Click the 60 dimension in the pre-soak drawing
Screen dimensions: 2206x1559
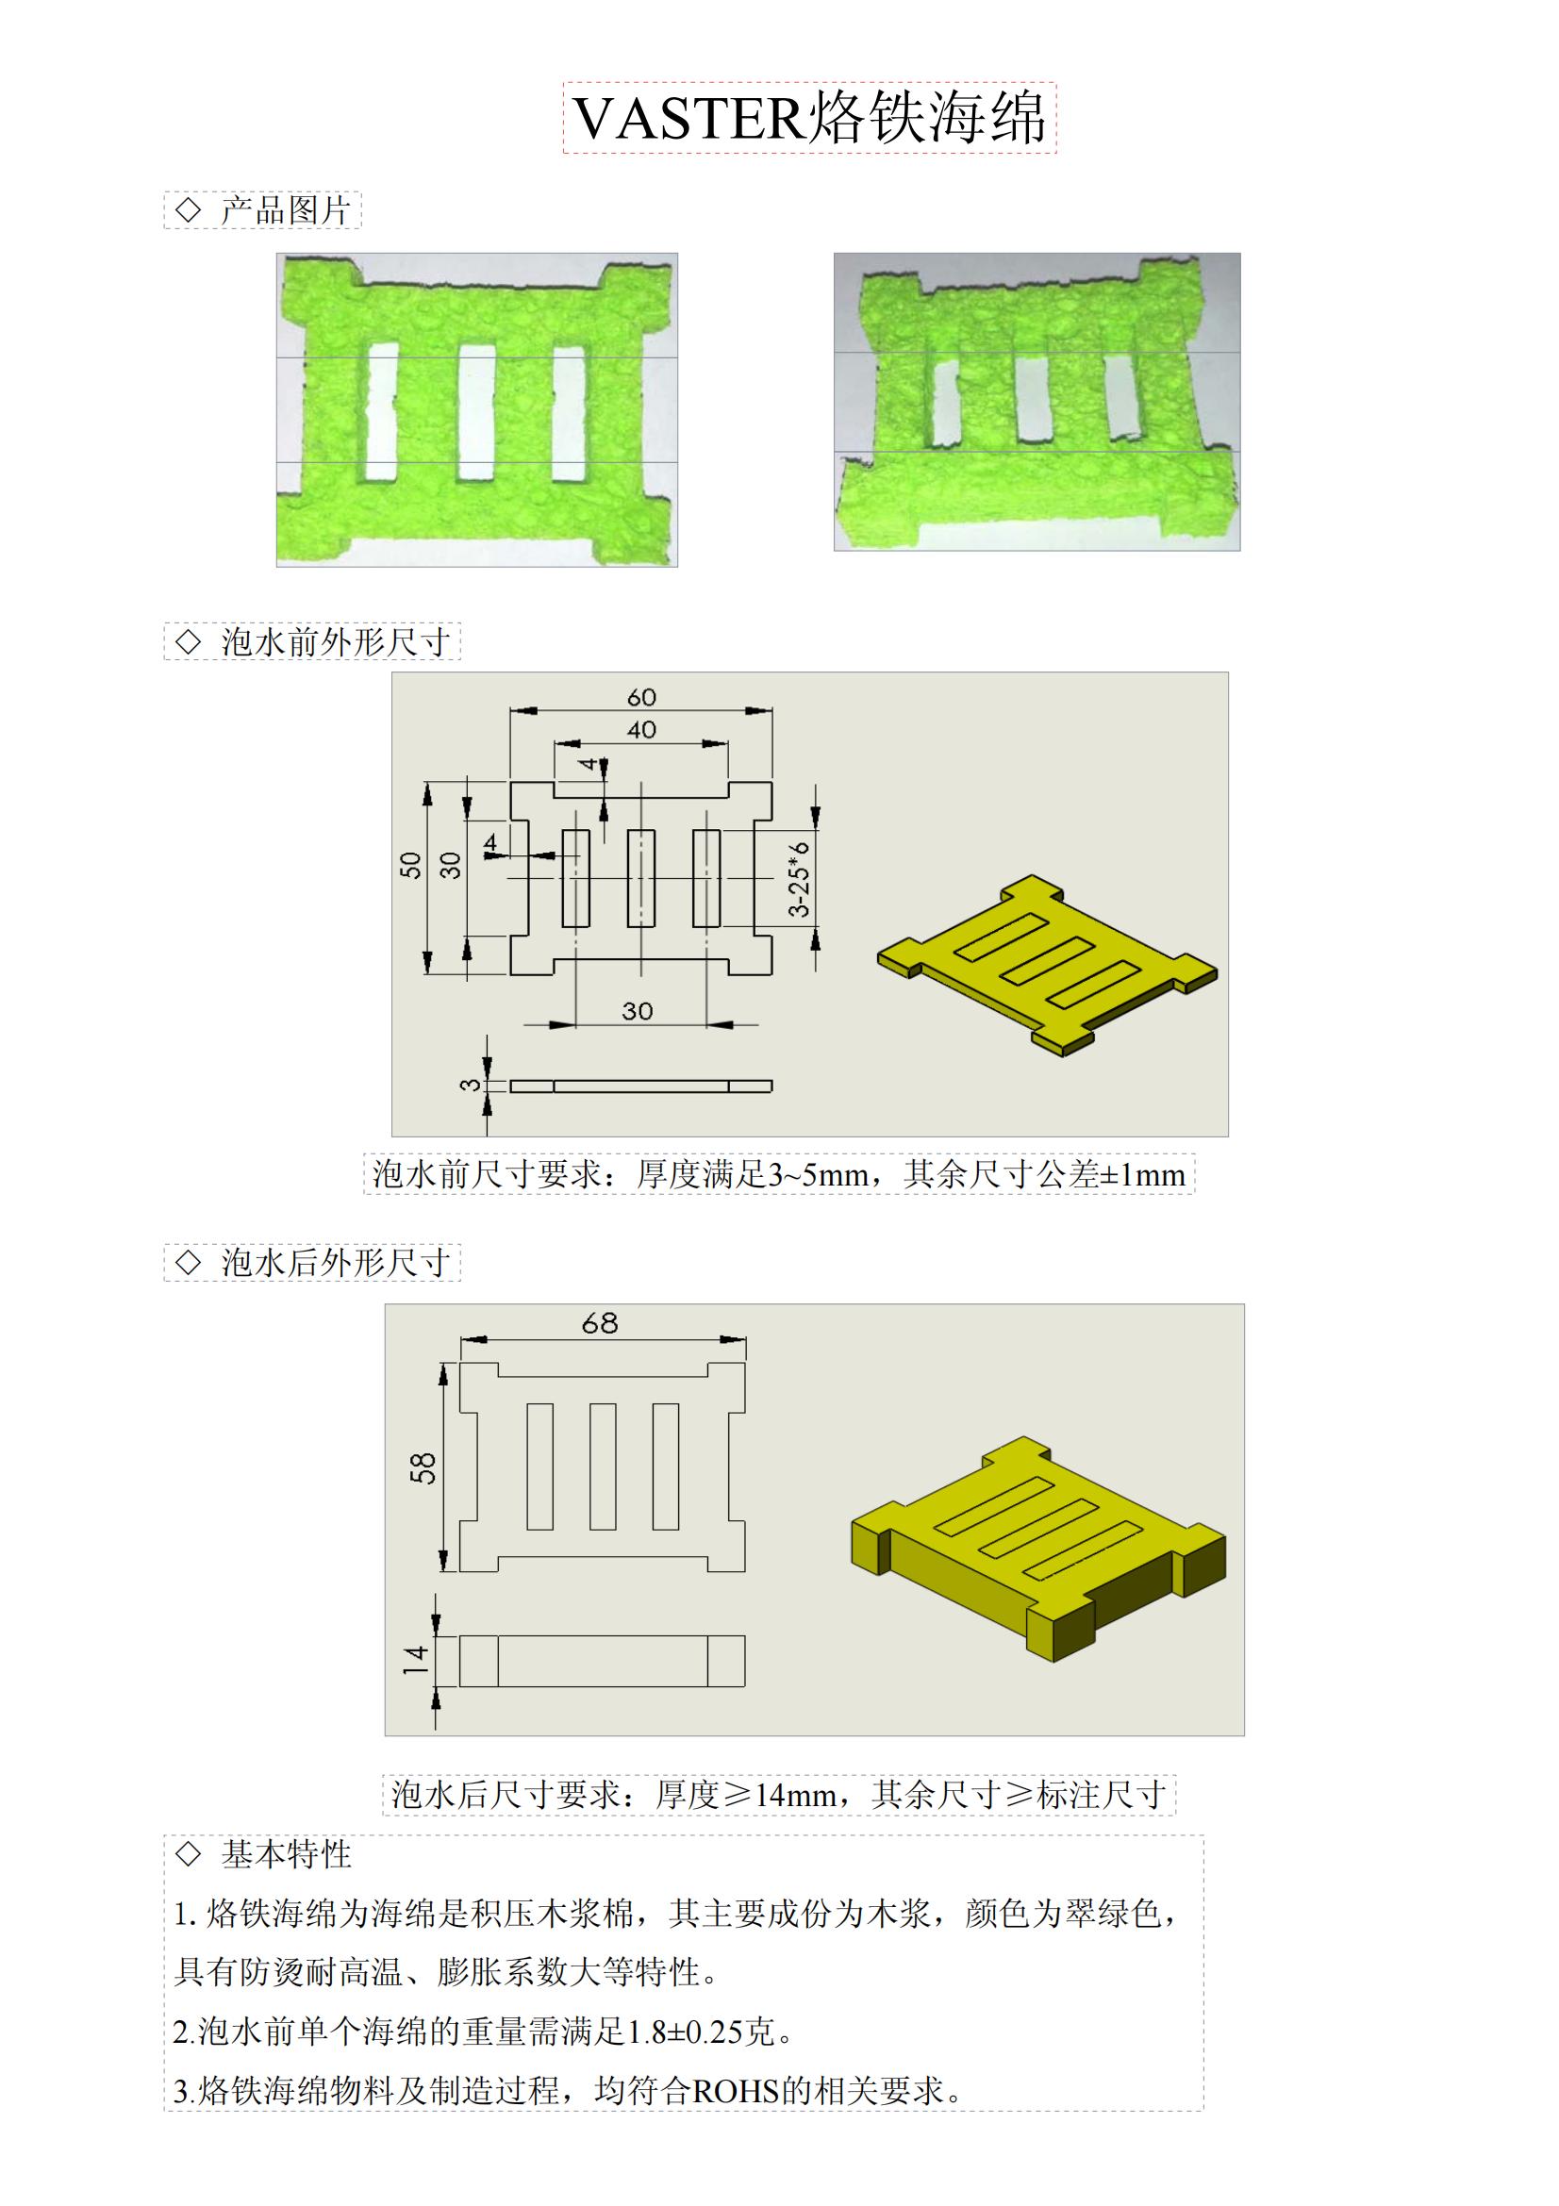coord(640,697)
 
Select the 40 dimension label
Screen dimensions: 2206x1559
coord(640,730)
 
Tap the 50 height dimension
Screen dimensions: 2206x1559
coord(411,865)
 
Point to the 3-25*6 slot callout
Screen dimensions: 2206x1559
coord(799,879)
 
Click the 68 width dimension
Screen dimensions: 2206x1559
coord(600,1324)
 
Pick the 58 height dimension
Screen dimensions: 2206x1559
coord(423,1468)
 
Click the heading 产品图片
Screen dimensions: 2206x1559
coord(284,210)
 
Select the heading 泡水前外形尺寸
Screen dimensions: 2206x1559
coord(335,642)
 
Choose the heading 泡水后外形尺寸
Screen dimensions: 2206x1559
coord(335,1263)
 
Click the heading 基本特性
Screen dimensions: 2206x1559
coord(287,1854)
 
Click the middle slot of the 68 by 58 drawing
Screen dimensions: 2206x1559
coord(603,1467)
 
